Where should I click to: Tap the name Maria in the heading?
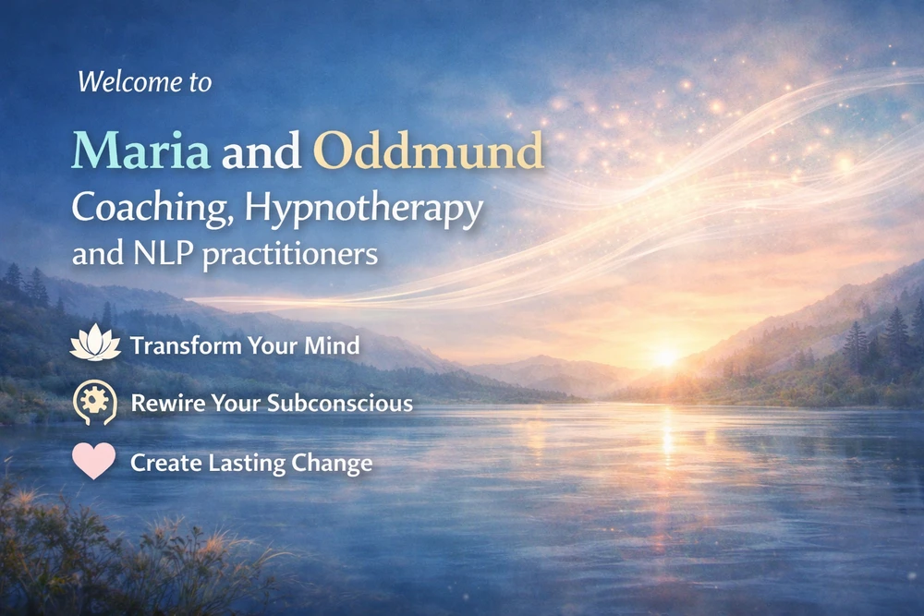(140, 151)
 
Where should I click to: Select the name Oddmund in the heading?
(429, 151)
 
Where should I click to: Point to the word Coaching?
(151, 209)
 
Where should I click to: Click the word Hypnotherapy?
(363, 209)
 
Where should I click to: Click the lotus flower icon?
(95, 343)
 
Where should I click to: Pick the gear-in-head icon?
(95, 403)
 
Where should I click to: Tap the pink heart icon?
(93, 461)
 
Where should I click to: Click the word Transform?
(186, 345)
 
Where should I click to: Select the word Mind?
(332, 345)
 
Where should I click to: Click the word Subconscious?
(340, 403)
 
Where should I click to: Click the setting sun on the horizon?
(666, 356)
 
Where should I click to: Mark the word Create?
(166, 463)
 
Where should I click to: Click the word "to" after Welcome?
(201, 83)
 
